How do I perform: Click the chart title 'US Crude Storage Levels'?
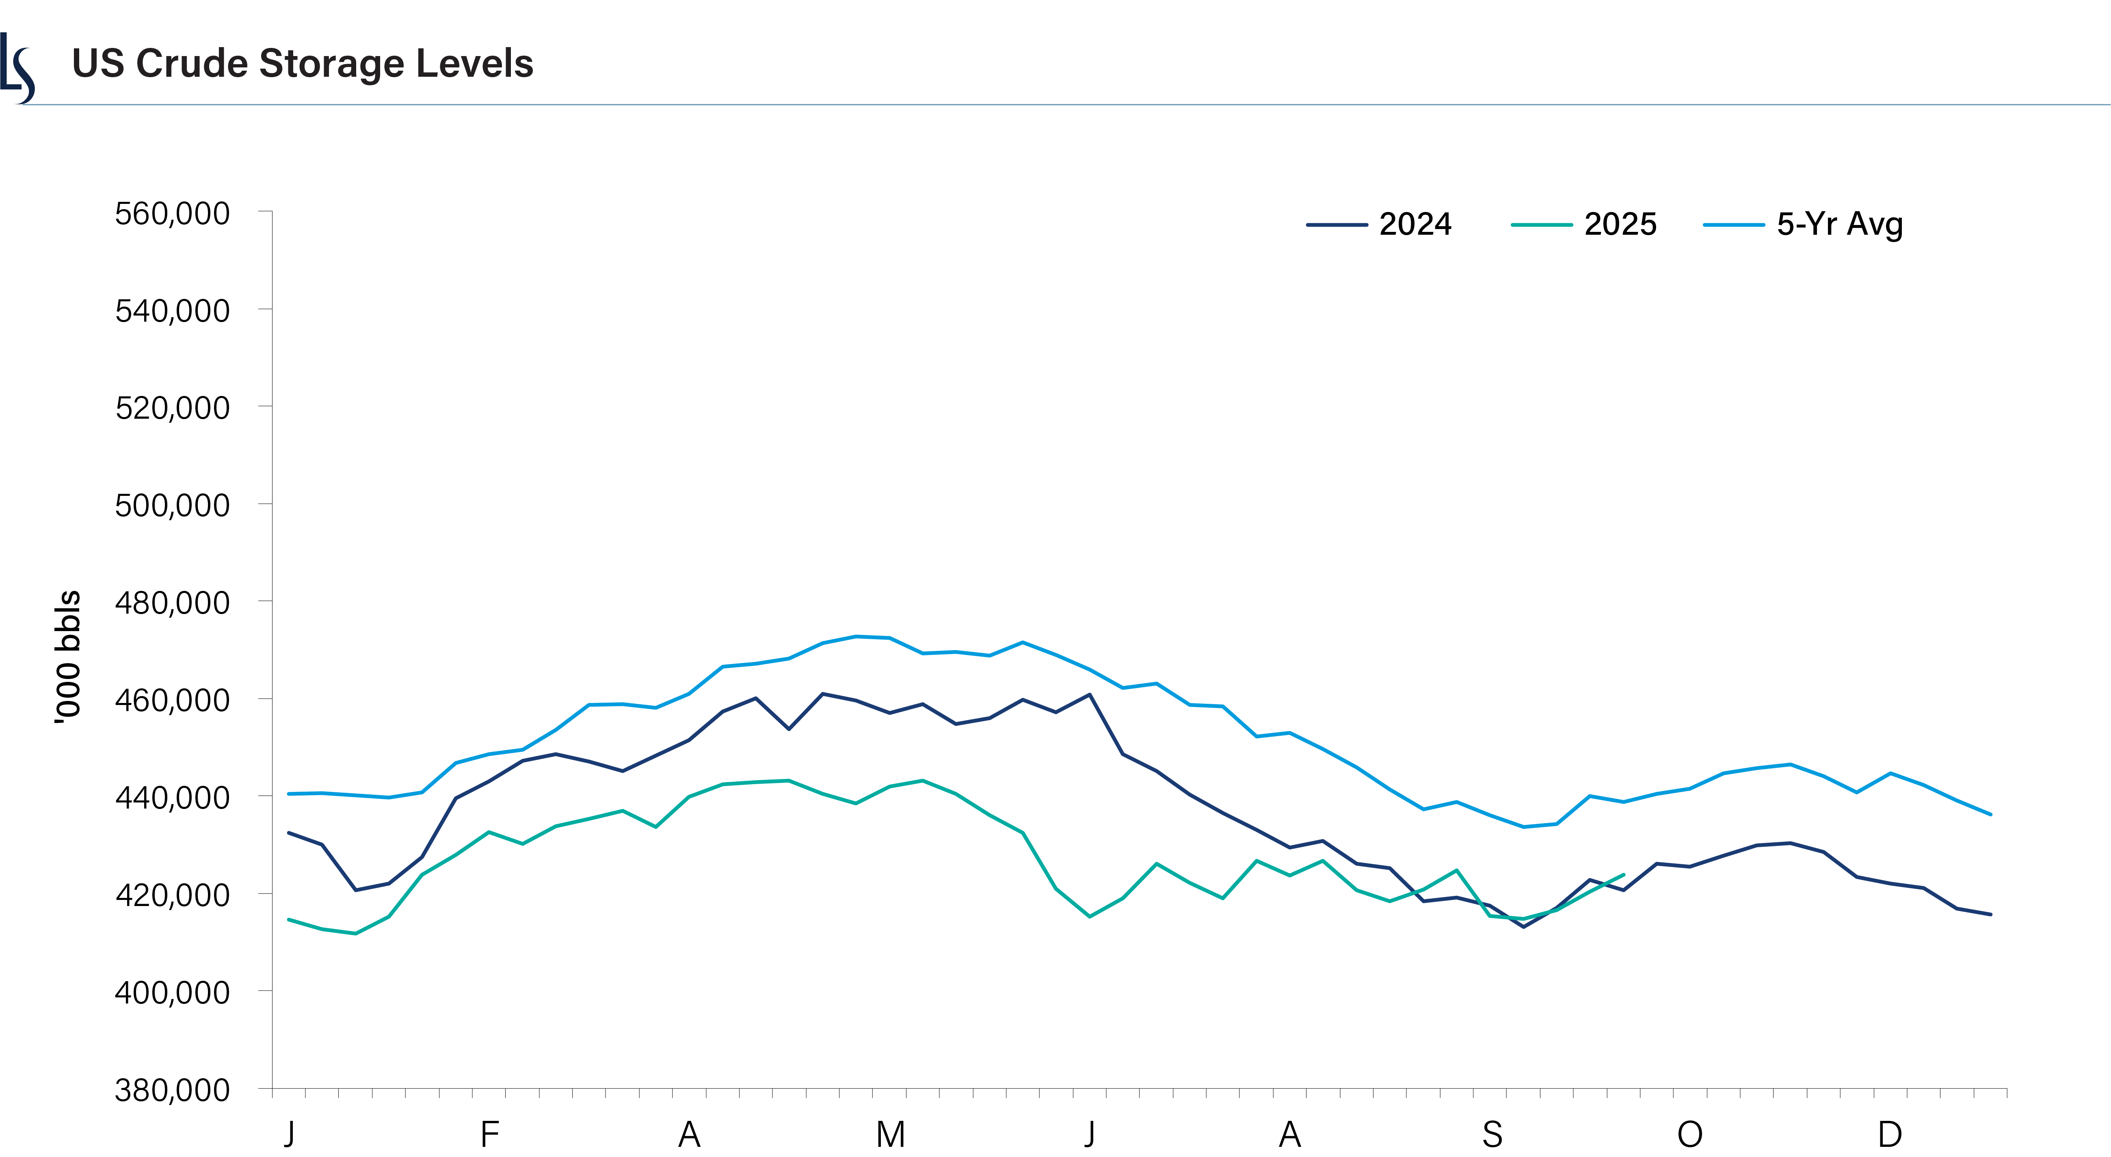point(303,64)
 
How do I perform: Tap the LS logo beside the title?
point(17,69)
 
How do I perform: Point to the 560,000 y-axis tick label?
point(172,214)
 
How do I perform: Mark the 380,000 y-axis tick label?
point(172,1090)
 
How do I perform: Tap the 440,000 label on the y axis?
point(172,797)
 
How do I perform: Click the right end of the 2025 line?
point(1623,874)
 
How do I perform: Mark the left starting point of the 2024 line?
point(288,833)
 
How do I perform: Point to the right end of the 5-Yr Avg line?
point(1990,815)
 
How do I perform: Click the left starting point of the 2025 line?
point(288,919)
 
